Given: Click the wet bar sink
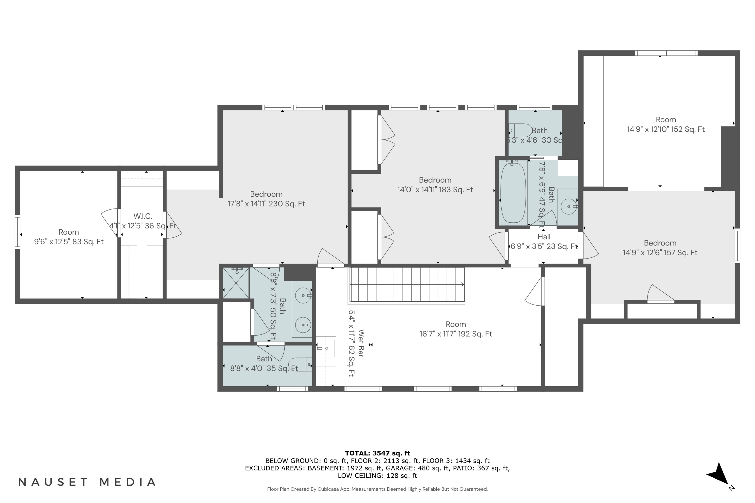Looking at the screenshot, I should tap(326, 348).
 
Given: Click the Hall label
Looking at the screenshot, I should tap(544, 237).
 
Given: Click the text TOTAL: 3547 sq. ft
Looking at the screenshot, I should tap(377, 453).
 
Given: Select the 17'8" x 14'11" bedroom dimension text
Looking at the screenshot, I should tap(266, 204).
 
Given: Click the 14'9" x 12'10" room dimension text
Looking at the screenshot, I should tap(665, 129).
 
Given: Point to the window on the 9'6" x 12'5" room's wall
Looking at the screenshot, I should tap(18, 232).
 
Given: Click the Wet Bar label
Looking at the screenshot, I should tap(360, 343).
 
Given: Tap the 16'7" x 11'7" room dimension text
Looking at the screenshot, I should tap(455, 334).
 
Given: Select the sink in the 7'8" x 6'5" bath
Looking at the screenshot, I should tap(569, 206).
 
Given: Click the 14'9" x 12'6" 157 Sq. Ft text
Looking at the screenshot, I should tap(660, 253).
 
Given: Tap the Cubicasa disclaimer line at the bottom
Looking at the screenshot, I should tap(377, 489).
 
